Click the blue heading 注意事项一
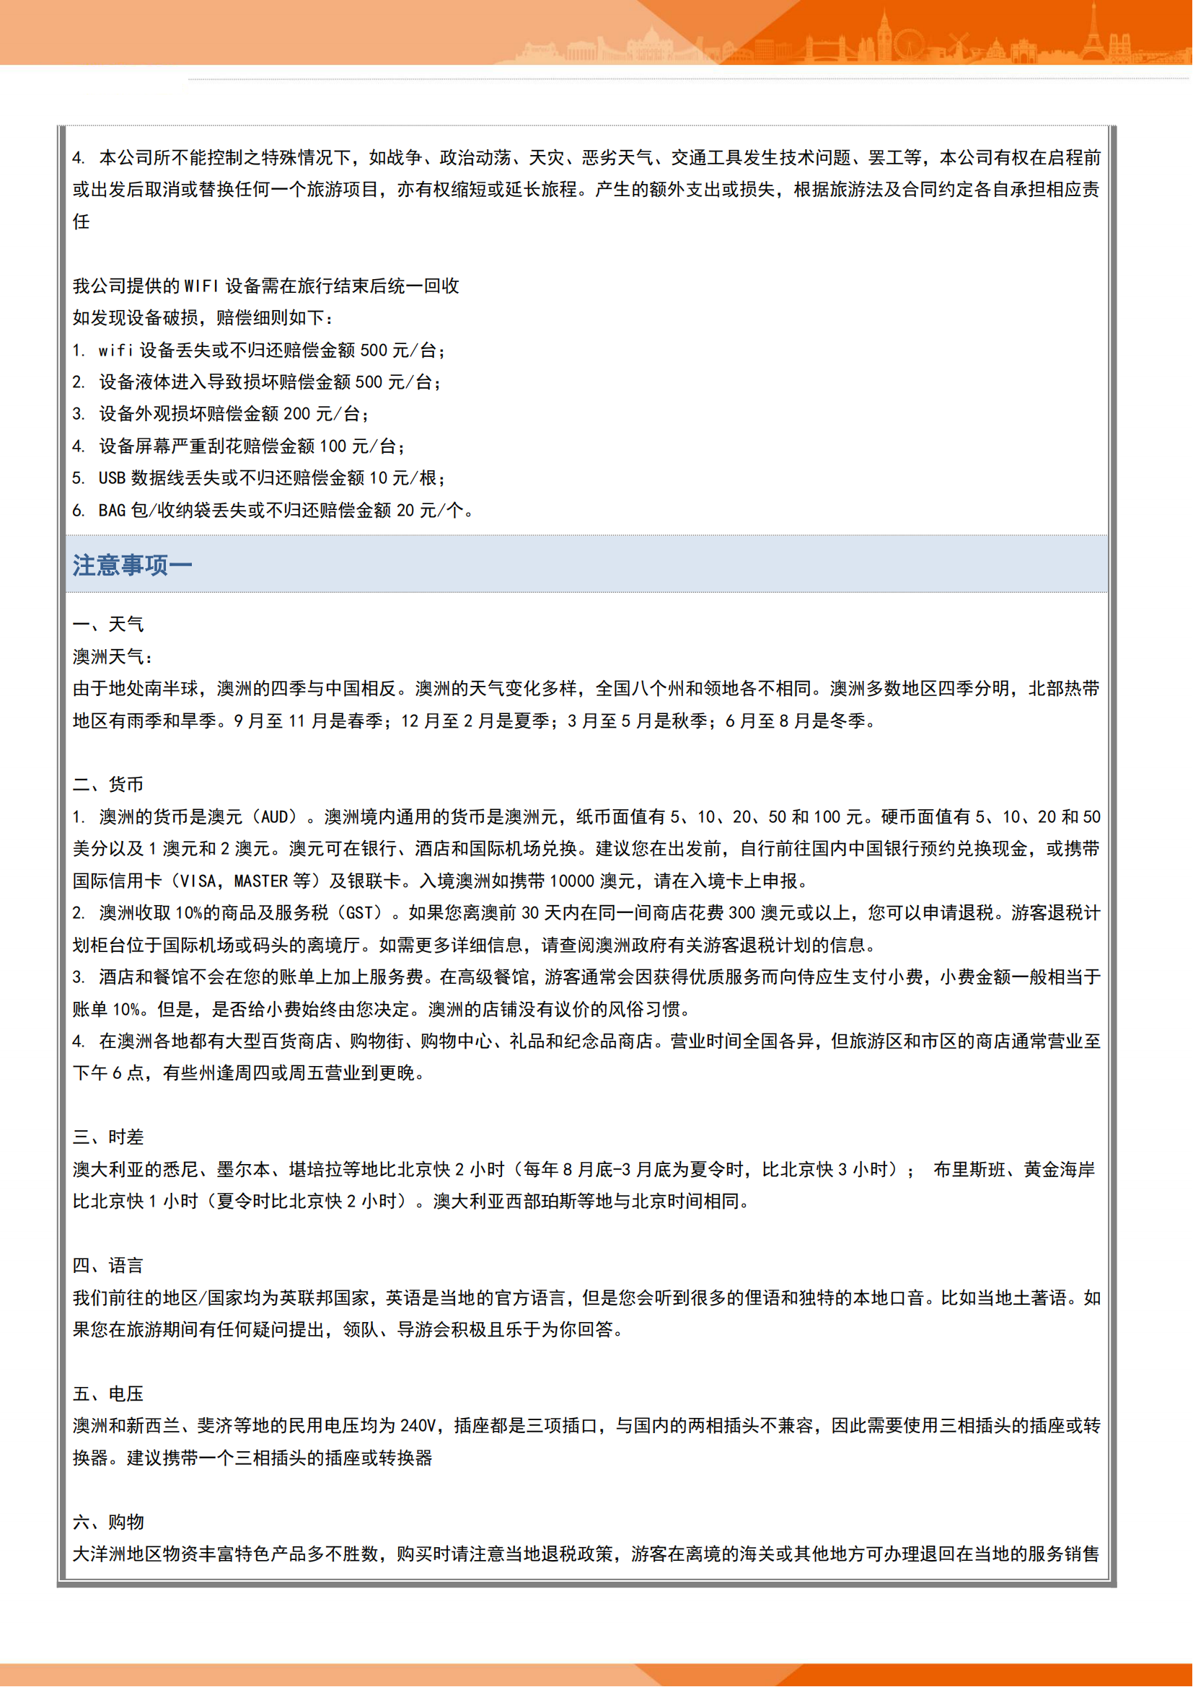click(x=132, y=565)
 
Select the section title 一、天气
click(x=108, y=625)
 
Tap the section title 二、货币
click(x=108, y=785)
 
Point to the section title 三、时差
click(x=108, y=1137)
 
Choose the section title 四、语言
click(x=108, y=1265)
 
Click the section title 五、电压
click(x=108, y=1394)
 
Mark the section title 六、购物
click(x=108, y=1522)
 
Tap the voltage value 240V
click(x=418, y=1426)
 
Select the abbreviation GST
click(x=360, y=913)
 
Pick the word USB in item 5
click(x=112, y=478)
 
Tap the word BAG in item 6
click(x=112, y=511)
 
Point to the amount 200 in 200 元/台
click(x=296, y=415)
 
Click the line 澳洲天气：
click(x=113, y=657)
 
